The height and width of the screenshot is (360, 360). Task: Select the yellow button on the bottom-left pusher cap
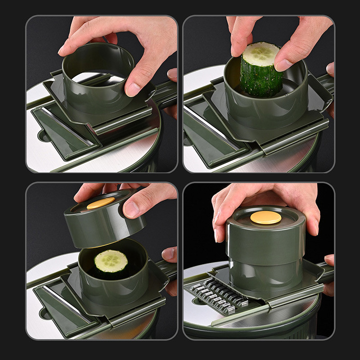coord(101,203)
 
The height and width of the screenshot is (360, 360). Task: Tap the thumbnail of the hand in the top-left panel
coord(134,89)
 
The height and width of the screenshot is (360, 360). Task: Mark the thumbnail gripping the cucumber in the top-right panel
coord(284,65)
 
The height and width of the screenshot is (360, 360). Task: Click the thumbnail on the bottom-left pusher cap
coord(132,208)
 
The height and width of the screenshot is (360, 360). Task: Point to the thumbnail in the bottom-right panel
coord(220,229)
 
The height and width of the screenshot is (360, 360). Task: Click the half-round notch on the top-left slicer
coord(44,135)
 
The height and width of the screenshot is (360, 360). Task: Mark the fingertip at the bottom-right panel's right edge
coord(329,261)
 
